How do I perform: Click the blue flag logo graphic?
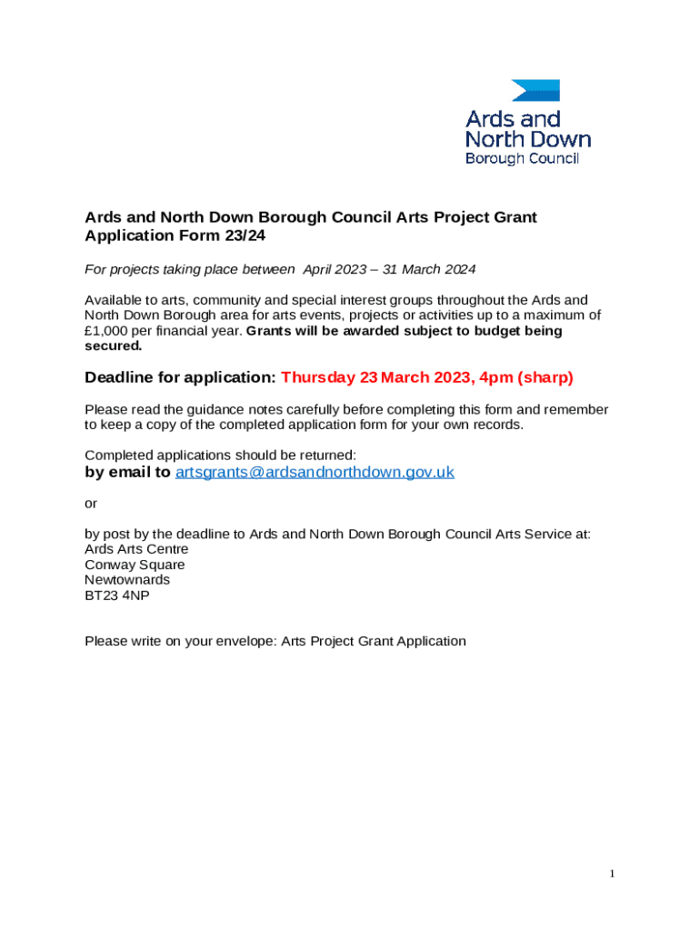point(535,90)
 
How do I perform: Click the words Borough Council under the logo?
point(522,158)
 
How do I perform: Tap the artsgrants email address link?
point(315,472)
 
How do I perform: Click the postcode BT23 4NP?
point(117,595)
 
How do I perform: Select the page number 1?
point(613,874)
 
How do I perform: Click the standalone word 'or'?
point(91,503)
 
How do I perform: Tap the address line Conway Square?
point(135,565)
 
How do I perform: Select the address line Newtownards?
point(127,579)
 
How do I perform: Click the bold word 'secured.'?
point(114,345)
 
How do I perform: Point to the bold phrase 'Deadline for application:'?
point(180,377)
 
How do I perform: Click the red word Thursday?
point(317,377)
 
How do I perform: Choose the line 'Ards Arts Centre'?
point(136,549)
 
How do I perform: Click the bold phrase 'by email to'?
point(127,472)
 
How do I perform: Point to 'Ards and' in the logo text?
point(514,119)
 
